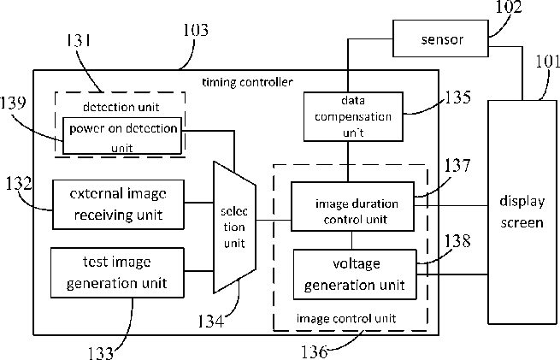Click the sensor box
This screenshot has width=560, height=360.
(440, 38)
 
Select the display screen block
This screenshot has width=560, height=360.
(522, 212)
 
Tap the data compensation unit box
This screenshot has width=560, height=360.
(353, 117)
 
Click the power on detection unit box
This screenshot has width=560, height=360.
(122, 136)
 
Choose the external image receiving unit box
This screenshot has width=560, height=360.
(118, 204)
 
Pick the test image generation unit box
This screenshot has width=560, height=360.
(117, 273)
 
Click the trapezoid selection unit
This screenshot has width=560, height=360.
(234, 227)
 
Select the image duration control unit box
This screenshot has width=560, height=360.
(352, 207)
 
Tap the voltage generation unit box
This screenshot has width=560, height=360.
(355, 274)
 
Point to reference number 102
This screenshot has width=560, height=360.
(509, 7)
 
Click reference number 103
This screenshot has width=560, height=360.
(195, 30)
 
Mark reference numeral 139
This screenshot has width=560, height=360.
(13, 103)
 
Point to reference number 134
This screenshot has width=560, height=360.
(210, 322)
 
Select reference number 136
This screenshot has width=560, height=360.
(315, 351)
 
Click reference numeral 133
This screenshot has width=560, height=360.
(101, 353)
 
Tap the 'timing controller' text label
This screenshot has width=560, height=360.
(247, 82)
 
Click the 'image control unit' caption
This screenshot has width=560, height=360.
(346, 318)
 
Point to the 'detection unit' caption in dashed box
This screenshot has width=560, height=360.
(121, 107)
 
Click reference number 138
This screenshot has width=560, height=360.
(457, 241)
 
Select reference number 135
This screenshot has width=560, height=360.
(457, 97)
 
